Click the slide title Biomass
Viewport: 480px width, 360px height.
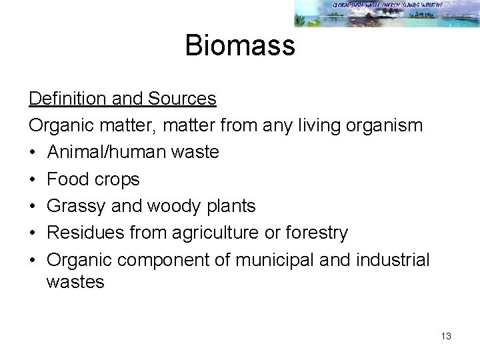click(x=239, y=45)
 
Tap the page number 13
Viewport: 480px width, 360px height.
click(x=446, y=336)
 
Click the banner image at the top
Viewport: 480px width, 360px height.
click(x=387, y=13)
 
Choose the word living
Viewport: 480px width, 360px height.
click(x=313, y=125)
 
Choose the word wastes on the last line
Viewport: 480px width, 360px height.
click(x=75, y=282)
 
